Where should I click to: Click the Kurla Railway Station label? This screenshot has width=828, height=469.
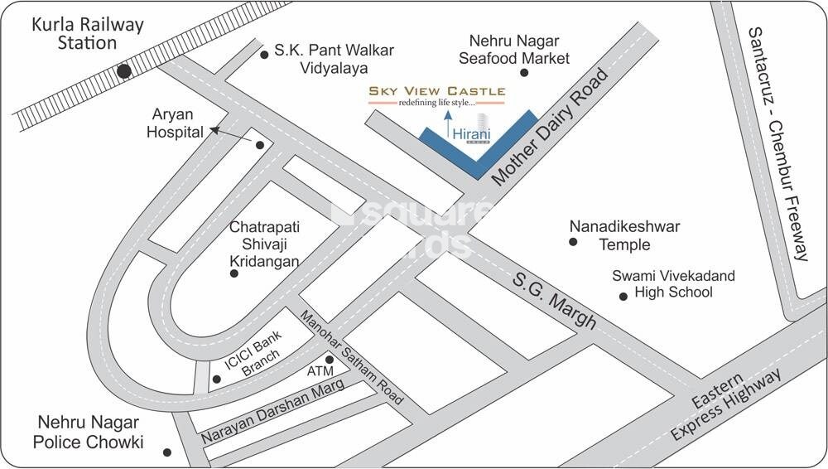tap(87, 33)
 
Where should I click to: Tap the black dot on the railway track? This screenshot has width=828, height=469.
tap(124, 72)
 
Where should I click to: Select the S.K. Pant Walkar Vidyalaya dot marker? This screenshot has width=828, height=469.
tap(265, 55)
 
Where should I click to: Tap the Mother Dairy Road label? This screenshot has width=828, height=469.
tap(550, 126)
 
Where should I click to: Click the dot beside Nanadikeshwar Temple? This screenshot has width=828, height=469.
tap(572, 242)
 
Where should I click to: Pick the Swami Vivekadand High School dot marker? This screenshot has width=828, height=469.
tap(623, 296)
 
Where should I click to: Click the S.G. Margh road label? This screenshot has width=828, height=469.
tap(553, 295)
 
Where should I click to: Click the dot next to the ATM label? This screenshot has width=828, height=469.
tap(330, 360)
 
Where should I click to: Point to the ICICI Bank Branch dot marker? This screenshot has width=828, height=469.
tap(216, 380)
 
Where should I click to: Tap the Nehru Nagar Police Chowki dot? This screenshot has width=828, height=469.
tap(167, 452)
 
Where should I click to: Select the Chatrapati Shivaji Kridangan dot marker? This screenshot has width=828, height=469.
tap(234, 273)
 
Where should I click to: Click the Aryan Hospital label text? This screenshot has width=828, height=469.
tap(176, 123)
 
